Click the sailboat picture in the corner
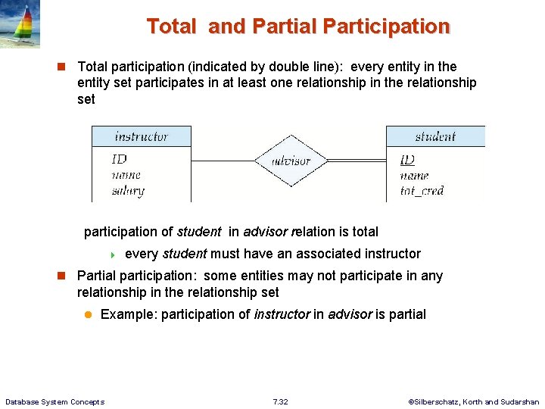(x=20, y=24)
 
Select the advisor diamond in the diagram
(x=291, y=161)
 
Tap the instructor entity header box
(x=142, y=136)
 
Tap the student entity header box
(x=435, y=136)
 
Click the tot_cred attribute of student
(x=422, y=191)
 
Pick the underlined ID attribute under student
(x=407, y=160)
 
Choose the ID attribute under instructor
(x=119, y=159)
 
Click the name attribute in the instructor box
(x=126, y=175)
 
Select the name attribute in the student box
(x=414, y=176)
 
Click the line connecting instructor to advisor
(x=221, y=161)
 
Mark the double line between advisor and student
(x=357, y=161)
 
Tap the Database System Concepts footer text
(x=54, y=401)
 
